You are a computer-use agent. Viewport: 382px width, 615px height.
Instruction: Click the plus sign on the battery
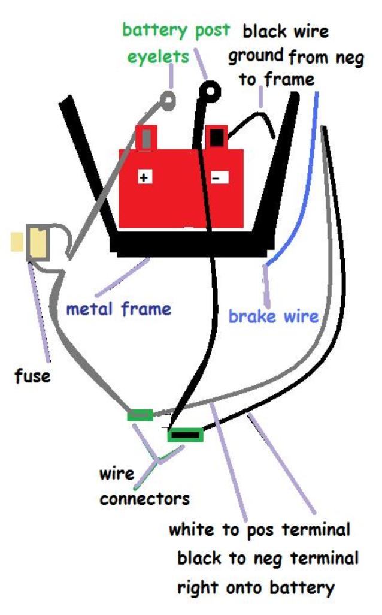(x=144, y=177)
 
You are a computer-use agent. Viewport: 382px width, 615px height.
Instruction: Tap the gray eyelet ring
(x=169, y=98)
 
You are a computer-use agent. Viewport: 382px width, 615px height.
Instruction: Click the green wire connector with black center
(x=185, y=434)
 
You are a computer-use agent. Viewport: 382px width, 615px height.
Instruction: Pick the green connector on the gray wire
(x=140, y=415)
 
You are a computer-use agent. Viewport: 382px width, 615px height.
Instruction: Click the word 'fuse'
(x=33, y=377)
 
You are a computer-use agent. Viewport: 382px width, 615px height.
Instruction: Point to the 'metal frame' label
(x=119, y=309)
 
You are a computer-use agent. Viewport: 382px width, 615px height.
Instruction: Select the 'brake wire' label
(x=274, y=316)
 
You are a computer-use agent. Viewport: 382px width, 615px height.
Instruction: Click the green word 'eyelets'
(x=159, y=57)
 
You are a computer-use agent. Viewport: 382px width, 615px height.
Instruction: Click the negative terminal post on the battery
(x=217, y=137)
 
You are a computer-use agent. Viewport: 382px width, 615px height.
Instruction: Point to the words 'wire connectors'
(x=144, y=486)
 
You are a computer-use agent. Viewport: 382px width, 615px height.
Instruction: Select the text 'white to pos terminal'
(x=259, y=530)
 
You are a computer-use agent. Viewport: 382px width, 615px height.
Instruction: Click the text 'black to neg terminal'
(x=268, y=559)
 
